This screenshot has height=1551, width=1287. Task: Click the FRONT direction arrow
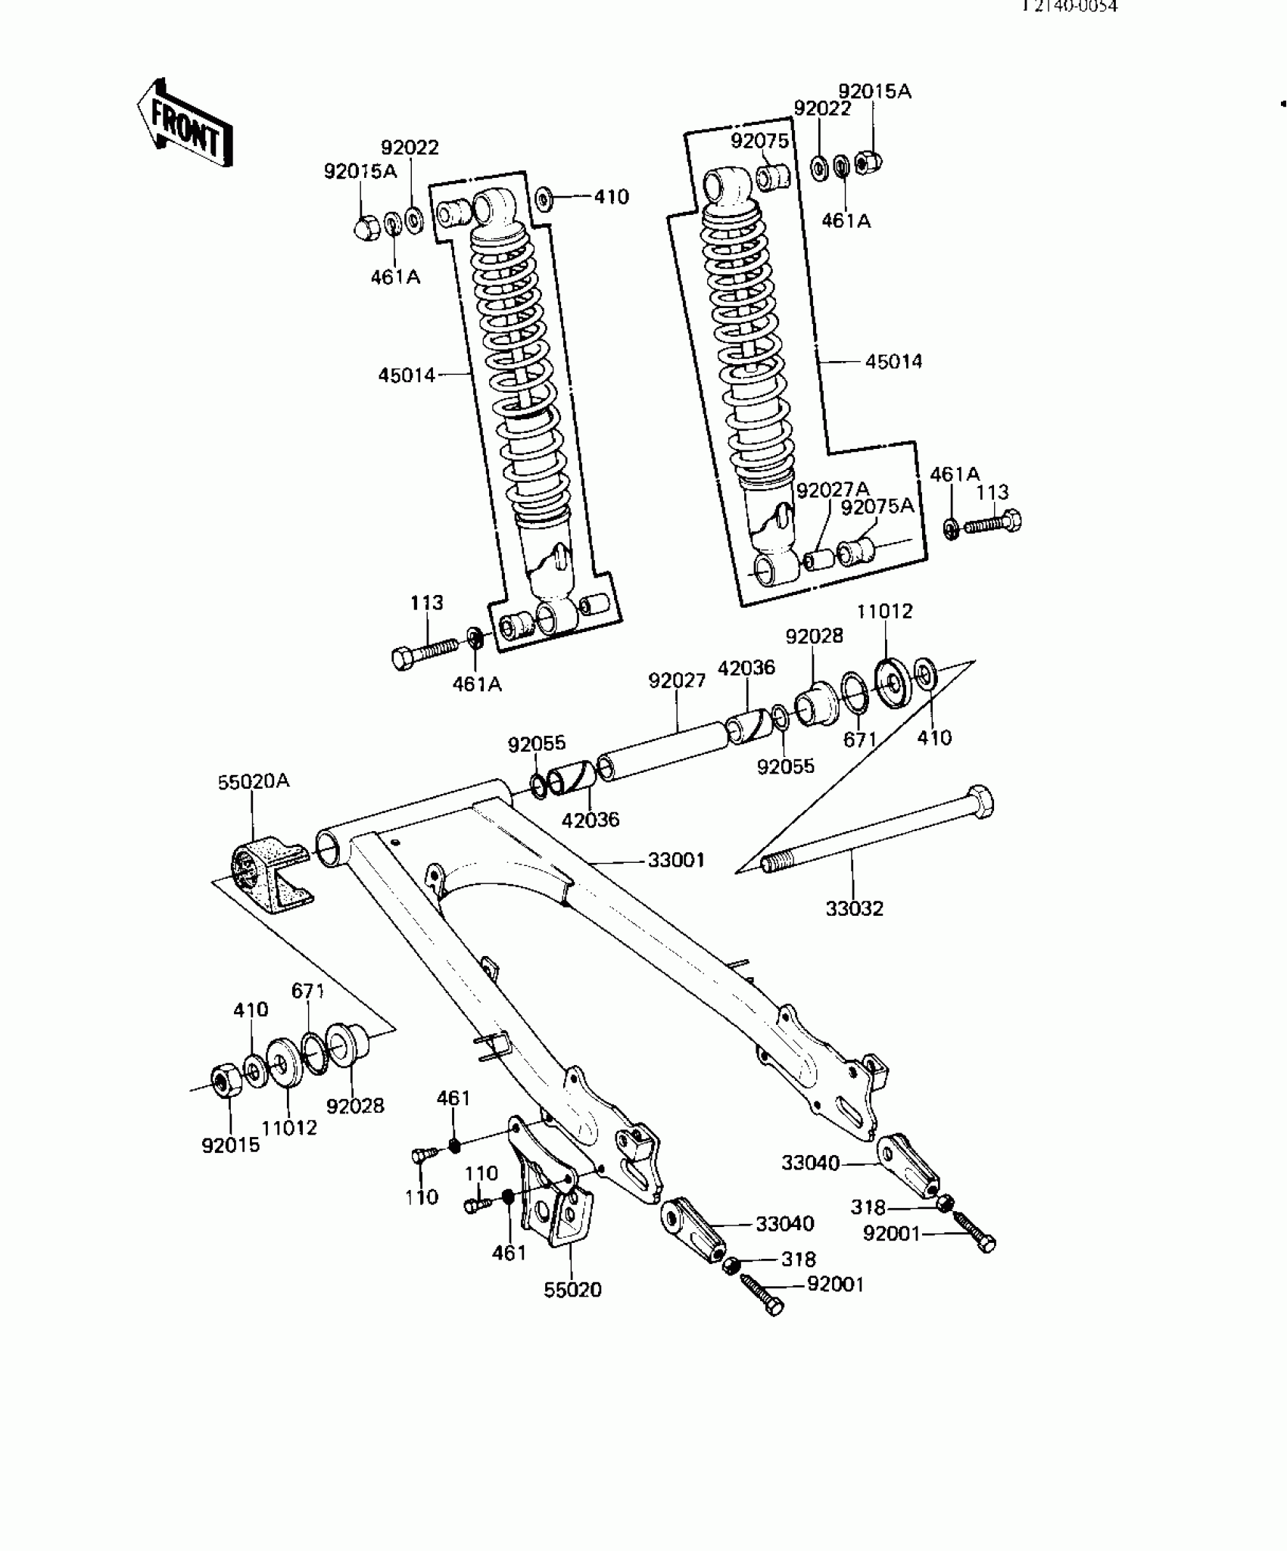pos(185,123)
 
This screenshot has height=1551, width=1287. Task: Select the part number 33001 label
pos(675,860)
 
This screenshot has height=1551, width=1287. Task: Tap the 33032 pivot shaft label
pos(854,908)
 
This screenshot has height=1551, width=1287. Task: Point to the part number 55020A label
pos(254,781)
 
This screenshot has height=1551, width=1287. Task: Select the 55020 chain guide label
pos(572,1290)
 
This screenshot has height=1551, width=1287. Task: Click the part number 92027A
pos(833,490)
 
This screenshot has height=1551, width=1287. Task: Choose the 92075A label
pos(877,506)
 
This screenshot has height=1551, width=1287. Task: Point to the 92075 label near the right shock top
pos(759,141)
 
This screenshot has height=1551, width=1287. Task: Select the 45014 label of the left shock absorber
pos(407,375)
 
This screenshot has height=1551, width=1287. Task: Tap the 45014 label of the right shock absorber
pos(893,362)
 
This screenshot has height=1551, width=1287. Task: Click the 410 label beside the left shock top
pos(611,198)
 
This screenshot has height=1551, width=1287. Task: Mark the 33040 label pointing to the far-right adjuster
pos(810,1163)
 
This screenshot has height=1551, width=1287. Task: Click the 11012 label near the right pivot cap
pos(884,611)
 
